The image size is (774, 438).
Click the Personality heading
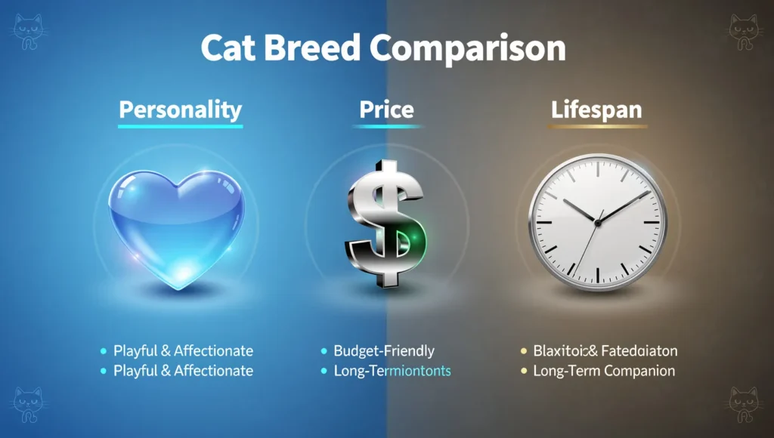(x=180, y=109)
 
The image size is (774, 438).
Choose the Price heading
(x=386, y=109)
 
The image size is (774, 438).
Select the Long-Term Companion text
(x=603, y=371)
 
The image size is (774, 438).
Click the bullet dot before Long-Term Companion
(x=522, y=372)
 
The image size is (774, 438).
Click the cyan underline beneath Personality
(x=181, y=126)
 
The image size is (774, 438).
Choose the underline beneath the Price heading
(x=386, y=127)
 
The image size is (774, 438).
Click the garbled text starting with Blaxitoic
(x=605, y=350)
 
